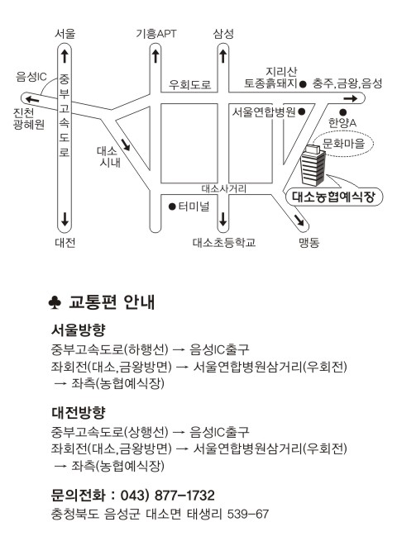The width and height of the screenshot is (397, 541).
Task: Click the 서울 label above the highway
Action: (65, 34)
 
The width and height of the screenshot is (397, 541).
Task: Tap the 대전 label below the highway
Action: (65, 243)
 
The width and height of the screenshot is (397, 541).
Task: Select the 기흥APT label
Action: (155, 34)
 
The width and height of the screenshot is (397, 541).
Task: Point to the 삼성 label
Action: (223, 34)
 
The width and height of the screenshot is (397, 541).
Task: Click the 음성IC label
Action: (31, 77)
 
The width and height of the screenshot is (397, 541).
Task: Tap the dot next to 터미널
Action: (172, 206)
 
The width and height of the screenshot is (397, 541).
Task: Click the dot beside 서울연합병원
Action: (302, 112)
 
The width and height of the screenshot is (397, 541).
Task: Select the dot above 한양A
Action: (342, 112)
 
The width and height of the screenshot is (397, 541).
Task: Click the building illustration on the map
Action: (313, 165)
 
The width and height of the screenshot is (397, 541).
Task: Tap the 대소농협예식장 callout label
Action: (334, 197)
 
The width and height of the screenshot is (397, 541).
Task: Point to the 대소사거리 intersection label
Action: (224, 188)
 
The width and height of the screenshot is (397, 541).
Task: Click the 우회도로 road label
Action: (189, 84)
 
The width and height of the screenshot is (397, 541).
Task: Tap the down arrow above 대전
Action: (65, 219)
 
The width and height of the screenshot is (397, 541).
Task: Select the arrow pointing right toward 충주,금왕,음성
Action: (351, 98)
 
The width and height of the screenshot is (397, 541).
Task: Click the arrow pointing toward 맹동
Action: (299, 220)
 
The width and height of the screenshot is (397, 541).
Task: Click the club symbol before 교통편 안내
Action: (55, 302)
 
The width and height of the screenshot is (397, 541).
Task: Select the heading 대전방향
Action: (78, 412)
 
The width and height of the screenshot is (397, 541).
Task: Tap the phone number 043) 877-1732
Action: (167, 495)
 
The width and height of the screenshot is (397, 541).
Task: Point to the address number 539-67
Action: (248, 514)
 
